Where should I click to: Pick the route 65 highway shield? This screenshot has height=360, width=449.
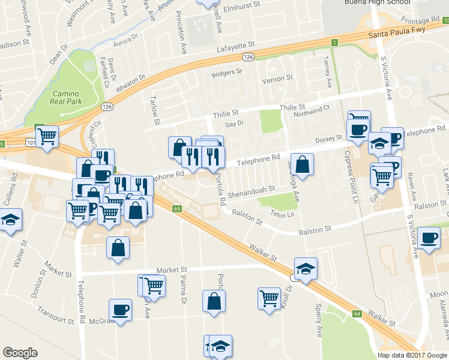click(x=176, y=209)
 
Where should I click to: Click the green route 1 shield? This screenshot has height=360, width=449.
click(x=335, y=42)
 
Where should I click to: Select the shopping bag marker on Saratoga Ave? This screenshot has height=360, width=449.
click(x=302, y=165)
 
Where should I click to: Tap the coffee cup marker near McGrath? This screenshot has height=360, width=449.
click(x=120, y=310)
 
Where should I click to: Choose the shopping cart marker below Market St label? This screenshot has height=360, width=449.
click(x=154, y=286)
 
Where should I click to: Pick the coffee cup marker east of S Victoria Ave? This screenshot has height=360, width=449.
click(x=429, y=238)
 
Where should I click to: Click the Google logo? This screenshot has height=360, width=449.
click(x=20, y=353)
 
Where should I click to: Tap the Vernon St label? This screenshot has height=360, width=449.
click(x=276, y=79)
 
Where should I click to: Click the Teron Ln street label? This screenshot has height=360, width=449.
click(x=282, y=214)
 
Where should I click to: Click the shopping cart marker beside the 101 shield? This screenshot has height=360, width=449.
click(x=47, y=136)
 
